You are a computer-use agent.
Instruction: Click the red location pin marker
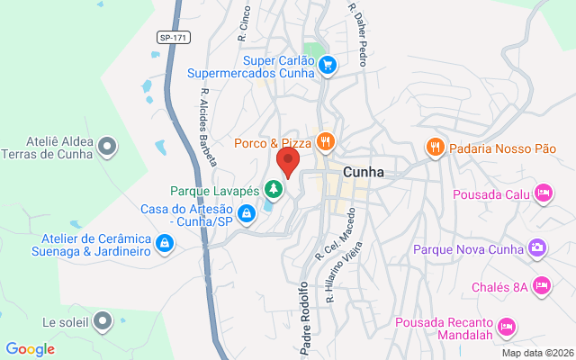coord(288,163)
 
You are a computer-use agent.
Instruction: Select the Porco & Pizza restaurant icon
coord(325,141)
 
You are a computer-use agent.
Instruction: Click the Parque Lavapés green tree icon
coord(274,189)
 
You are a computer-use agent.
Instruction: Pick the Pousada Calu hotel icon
coord(543,193)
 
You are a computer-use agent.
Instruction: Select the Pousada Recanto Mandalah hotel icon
coord(506,324)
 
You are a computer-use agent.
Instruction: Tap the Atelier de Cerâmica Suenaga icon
coord(165,244)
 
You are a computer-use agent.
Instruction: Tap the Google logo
coord(30,349)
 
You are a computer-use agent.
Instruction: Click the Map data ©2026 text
coord(536,353)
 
